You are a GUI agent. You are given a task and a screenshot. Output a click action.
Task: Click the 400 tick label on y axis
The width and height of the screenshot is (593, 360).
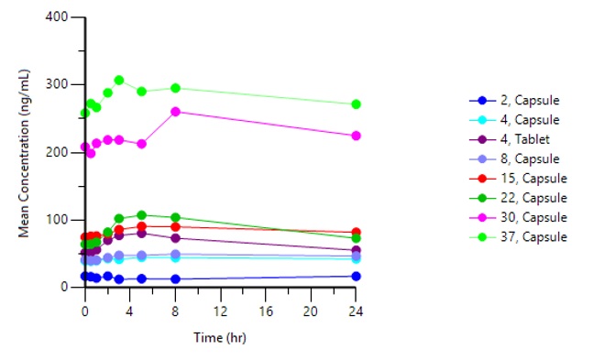pyautogui.click(x=57, y=17)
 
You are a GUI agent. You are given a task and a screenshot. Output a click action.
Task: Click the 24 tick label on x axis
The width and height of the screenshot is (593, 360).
pyautogui.click(x=356, y=311)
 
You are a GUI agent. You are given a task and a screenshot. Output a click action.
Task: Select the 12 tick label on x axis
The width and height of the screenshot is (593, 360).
pyautogui.click(x=220, y=311)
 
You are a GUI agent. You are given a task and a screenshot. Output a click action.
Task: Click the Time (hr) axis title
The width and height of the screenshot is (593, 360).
pyautogui.click(x=220, y=338)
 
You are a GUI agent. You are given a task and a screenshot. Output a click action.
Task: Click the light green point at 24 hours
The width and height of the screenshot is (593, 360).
pyautogui.click(x=356, y=104)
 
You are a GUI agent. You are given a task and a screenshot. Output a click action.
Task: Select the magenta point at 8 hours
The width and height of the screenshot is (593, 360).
pyautogui.click(x=175, y=112)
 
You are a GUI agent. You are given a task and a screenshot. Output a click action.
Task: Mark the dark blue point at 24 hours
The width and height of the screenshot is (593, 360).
pyautogui.click(x=356, y=276)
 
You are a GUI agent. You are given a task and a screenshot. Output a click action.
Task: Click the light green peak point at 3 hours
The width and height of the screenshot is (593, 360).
pyautogui.click(x=119, y=80)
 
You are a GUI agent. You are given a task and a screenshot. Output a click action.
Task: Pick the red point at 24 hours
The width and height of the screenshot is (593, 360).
pyautogui.click(x=356, y=232)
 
